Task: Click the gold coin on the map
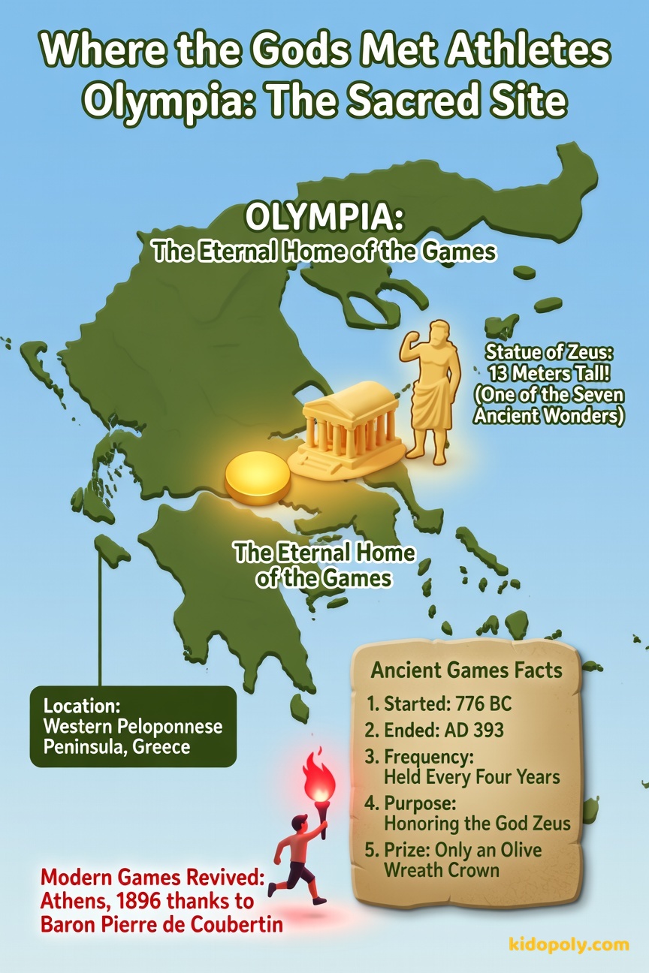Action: pos(258,480)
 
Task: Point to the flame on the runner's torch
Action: pos(318,777)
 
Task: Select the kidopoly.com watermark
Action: pos(578,944)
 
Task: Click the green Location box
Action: pos(133,726)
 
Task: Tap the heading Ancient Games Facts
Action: pos(466,670)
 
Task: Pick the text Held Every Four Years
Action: pos(472,776)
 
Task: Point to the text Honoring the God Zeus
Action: pos(477,823)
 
